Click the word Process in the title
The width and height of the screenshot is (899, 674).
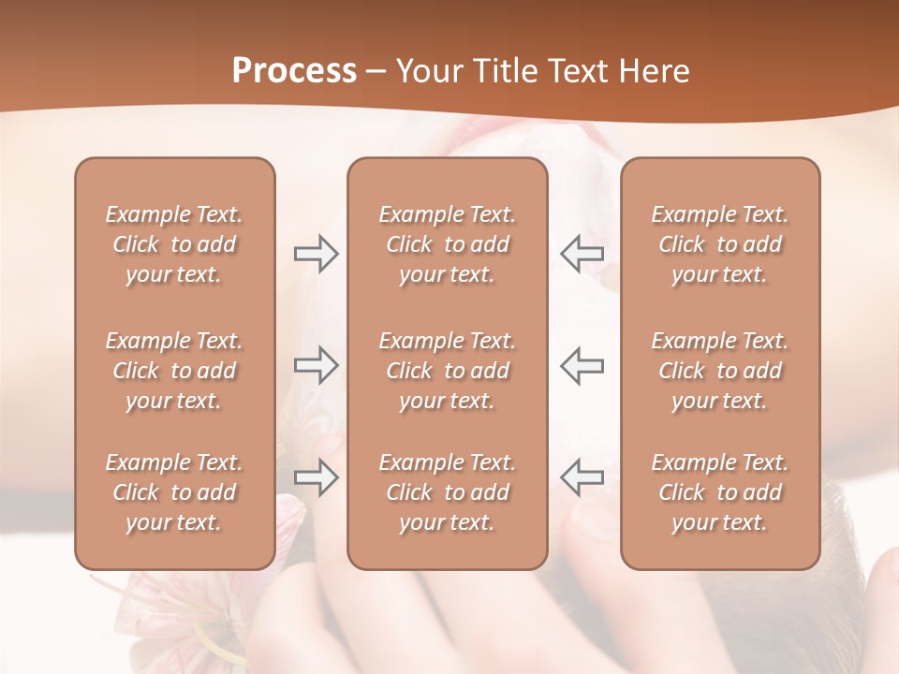click(x=294, y=71)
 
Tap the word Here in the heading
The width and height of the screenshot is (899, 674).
click(x=655, y=71)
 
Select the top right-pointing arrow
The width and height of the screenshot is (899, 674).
click(x=316, y=254)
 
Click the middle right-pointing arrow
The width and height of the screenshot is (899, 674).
click(x=316, y=365)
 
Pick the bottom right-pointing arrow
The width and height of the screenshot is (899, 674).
click(x=316, y=476)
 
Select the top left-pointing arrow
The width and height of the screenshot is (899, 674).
click(x=582, y=254)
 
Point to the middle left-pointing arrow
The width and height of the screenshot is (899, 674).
click(x=582, y=365)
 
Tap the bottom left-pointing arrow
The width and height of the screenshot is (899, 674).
click(x=582, y=476)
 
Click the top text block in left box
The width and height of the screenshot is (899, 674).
click(x=174, y=244)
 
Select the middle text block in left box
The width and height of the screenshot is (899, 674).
click(x=174, y=371)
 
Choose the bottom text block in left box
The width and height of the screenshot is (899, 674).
click(x=174, y=492)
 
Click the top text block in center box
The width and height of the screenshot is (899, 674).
click(x=447, y=244)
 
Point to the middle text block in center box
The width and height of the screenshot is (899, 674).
click(x=447, y=371)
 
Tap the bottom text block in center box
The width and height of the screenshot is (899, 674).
click(x=447, y=492)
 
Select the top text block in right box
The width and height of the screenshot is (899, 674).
click(x=719, y=244)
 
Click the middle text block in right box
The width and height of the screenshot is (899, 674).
click(x=719, y=371)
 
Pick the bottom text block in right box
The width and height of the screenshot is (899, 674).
click(x=719, y=492)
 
